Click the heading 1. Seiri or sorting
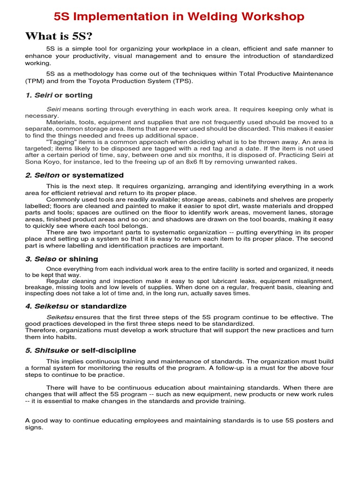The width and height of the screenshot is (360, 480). (x=59, y=95)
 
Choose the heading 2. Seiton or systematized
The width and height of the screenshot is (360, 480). (x=74, y=175)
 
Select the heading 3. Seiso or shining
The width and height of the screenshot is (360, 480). (x=61, y=259)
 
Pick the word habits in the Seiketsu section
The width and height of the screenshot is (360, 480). (x=66, y=337)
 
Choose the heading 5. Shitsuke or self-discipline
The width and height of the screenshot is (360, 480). (x=80, y=350)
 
